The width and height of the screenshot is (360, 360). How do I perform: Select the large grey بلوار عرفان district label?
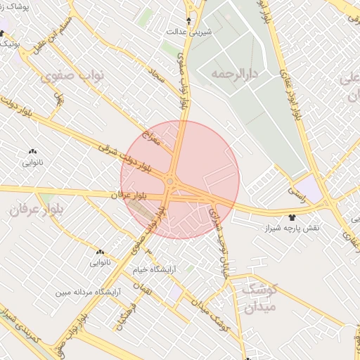click(39, 210)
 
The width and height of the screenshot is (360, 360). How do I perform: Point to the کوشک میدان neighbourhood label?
click(259, 297)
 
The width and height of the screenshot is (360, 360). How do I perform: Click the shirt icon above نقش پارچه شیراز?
click(292, 217)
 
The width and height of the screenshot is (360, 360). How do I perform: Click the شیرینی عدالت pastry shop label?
click(188, 32)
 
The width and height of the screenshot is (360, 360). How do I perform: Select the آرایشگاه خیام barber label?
click(154, 269)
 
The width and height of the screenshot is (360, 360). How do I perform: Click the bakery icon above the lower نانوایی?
click(100, 252)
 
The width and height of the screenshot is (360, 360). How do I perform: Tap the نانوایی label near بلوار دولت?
click(33, 162)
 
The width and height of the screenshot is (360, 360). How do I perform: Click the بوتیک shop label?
click(9, 44)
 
